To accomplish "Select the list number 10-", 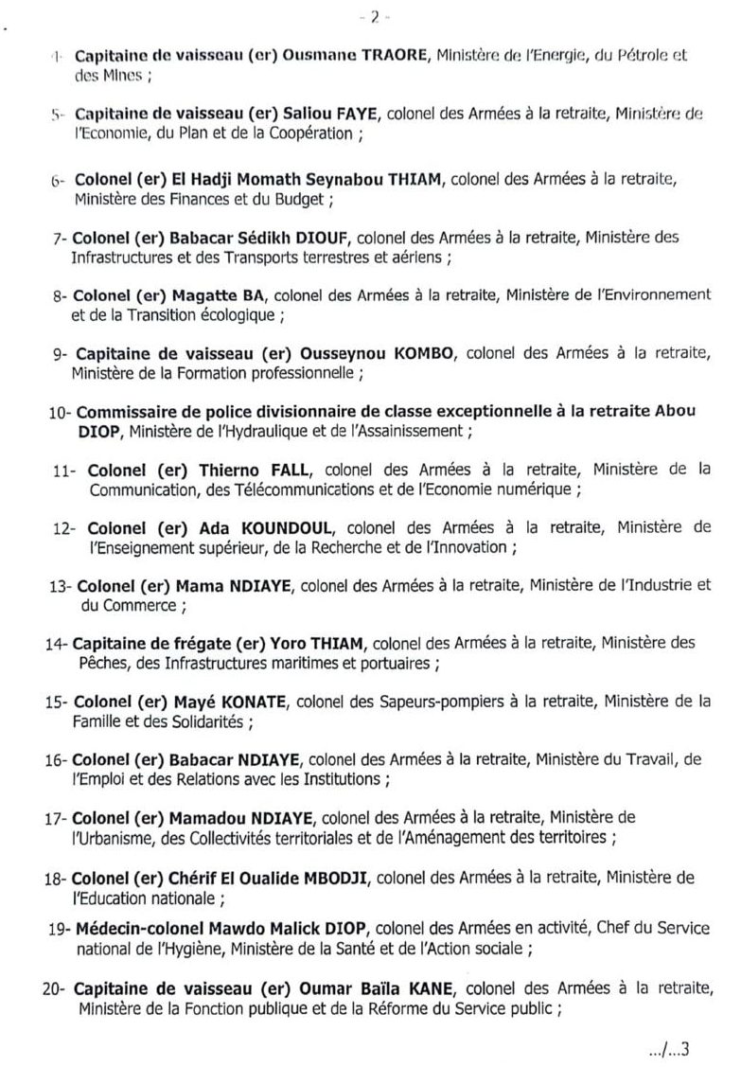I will pos(59,413).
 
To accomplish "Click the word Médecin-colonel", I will pos(134,933).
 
